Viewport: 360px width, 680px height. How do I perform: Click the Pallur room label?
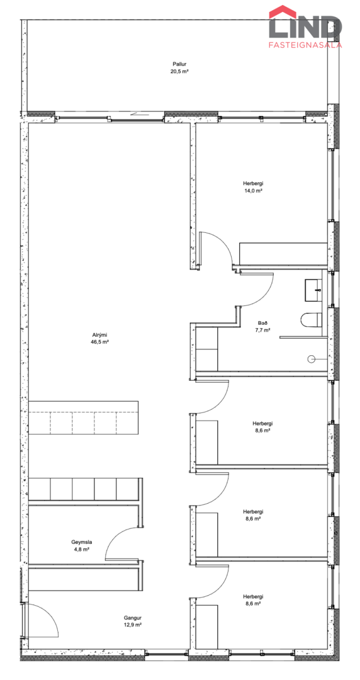[179, 64]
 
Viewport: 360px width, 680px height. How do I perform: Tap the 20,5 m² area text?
[179, 71]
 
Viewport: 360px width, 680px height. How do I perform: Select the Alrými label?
[100, 335]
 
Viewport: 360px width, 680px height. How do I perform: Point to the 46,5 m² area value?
[100, 342]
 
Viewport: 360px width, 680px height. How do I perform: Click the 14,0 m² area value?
[253, 190]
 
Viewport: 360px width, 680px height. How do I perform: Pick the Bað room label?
[263, 323]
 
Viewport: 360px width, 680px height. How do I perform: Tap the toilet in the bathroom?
[311, 320]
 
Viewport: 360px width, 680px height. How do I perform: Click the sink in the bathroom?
[313, 291]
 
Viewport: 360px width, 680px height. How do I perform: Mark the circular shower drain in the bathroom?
[311, 359]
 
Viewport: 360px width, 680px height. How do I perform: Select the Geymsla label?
[82, 542]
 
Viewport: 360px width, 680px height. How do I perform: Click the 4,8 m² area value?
[82, 549]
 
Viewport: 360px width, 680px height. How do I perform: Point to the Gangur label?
[133, 618]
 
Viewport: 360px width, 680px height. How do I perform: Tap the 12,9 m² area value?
[133, 624]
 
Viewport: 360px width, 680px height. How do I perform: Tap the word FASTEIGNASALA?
[306, 45]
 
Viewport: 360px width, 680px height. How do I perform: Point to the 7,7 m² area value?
[263, 330]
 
